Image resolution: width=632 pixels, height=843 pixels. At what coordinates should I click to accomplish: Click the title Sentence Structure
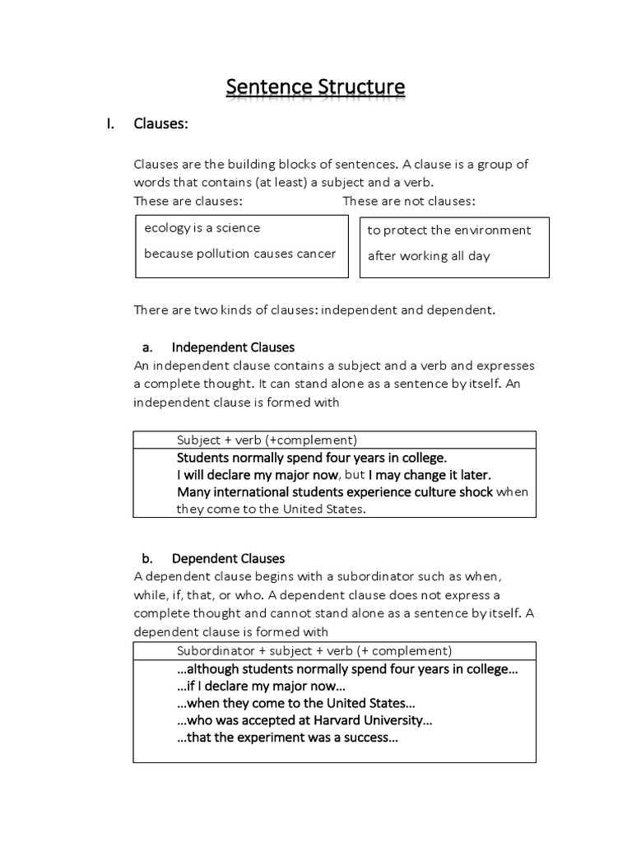[315, 86]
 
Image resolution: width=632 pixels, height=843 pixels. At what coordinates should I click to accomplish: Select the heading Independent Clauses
[233, 347]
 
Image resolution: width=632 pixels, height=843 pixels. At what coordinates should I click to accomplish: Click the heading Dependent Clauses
[228, 559]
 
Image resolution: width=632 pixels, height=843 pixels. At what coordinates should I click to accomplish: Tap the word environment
[493, 231]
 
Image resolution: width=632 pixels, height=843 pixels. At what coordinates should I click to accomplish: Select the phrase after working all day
[429, 256]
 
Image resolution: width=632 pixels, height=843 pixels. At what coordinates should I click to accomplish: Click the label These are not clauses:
[409, 202]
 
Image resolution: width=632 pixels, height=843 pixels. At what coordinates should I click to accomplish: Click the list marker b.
[147, 559]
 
